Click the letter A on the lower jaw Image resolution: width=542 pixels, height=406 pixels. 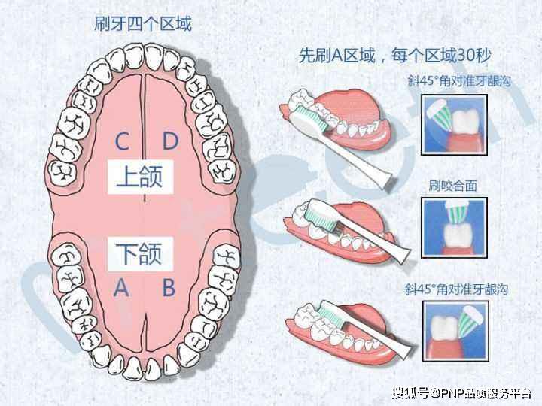(x=121, y=287)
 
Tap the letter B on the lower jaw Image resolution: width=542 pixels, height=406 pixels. (x=169, y=287)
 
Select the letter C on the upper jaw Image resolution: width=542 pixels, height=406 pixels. (x=122, y=141)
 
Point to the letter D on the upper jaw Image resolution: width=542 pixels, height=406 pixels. (x=170, y=141)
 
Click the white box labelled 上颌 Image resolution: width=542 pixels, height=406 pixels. (x=140, y=177)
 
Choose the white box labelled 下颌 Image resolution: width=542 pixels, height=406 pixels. (x=140, y=254)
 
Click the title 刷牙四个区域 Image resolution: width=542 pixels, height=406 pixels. (x=142, y=24)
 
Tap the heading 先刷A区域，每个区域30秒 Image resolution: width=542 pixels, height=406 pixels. (x=394, y=55)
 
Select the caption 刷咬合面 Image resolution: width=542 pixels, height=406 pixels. (x=453, y=186)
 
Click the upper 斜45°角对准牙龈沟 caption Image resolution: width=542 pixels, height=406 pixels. (x=459, y=81)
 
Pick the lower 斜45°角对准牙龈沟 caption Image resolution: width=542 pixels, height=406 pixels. (x=456, y=289)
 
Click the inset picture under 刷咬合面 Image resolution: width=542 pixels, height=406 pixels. (x=454, y=228)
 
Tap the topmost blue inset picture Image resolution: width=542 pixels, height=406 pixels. (x=454, y=125)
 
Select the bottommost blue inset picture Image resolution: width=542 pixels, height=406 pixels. (x=455, y=331)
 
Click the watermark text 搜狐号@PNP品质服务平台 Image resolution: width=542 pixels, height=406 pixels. (x=461, y=393)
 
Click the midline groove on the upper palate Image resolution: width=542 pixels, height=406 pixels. (x=144, y=138)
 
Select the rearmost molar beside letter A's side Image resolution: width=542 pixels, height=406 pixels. (x=66, y=255)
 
